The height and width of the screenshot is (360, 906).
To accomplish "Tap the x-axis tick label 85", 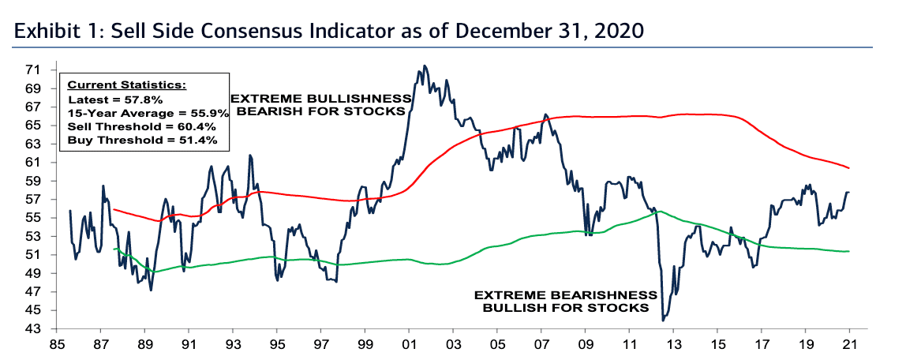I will click(58, 344).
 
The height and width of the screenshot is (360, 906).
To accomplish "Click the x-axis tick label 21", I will click(848, 344).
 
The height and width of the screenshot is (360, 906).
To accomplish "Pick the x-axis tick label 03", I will click(453, 344).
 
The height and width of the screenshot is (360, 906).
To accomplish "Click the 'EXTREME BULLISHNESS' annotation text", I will click(320, 99).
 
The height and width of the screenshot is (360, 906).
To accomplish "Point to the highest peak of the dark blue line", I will click(425, 66).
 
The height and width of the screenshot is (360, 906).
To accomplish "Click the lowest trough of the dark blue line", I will click(663, 320).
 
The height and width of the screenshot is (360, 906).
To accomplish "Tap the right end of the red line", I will click(848, 167).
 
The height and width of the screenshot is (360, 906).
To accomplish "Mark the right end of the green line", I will click(848, 251).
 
